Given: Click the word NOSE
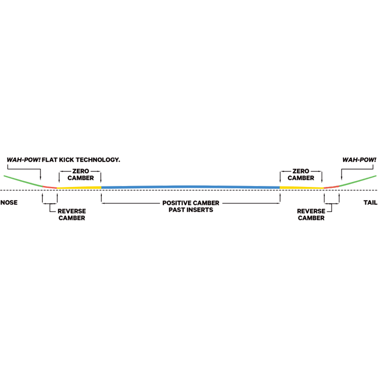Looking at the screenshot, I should tap(9, 202).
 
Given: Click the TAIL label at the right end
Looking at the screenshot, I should tap(372, 202).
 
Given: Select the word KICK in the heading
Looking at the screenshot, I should tap(66, 160).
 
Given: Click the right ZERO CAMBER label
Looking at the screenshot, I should tap(301, 175).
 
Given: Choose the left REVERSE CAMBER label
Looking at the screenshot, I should tap(72, 215).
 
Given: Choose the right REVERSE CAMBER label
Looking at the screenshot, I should tap(311, 215).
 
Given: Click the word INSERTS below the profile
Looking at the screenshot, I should tap(198, 209).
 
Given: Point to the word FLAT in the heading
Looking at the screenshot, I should tap(51, 160).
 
